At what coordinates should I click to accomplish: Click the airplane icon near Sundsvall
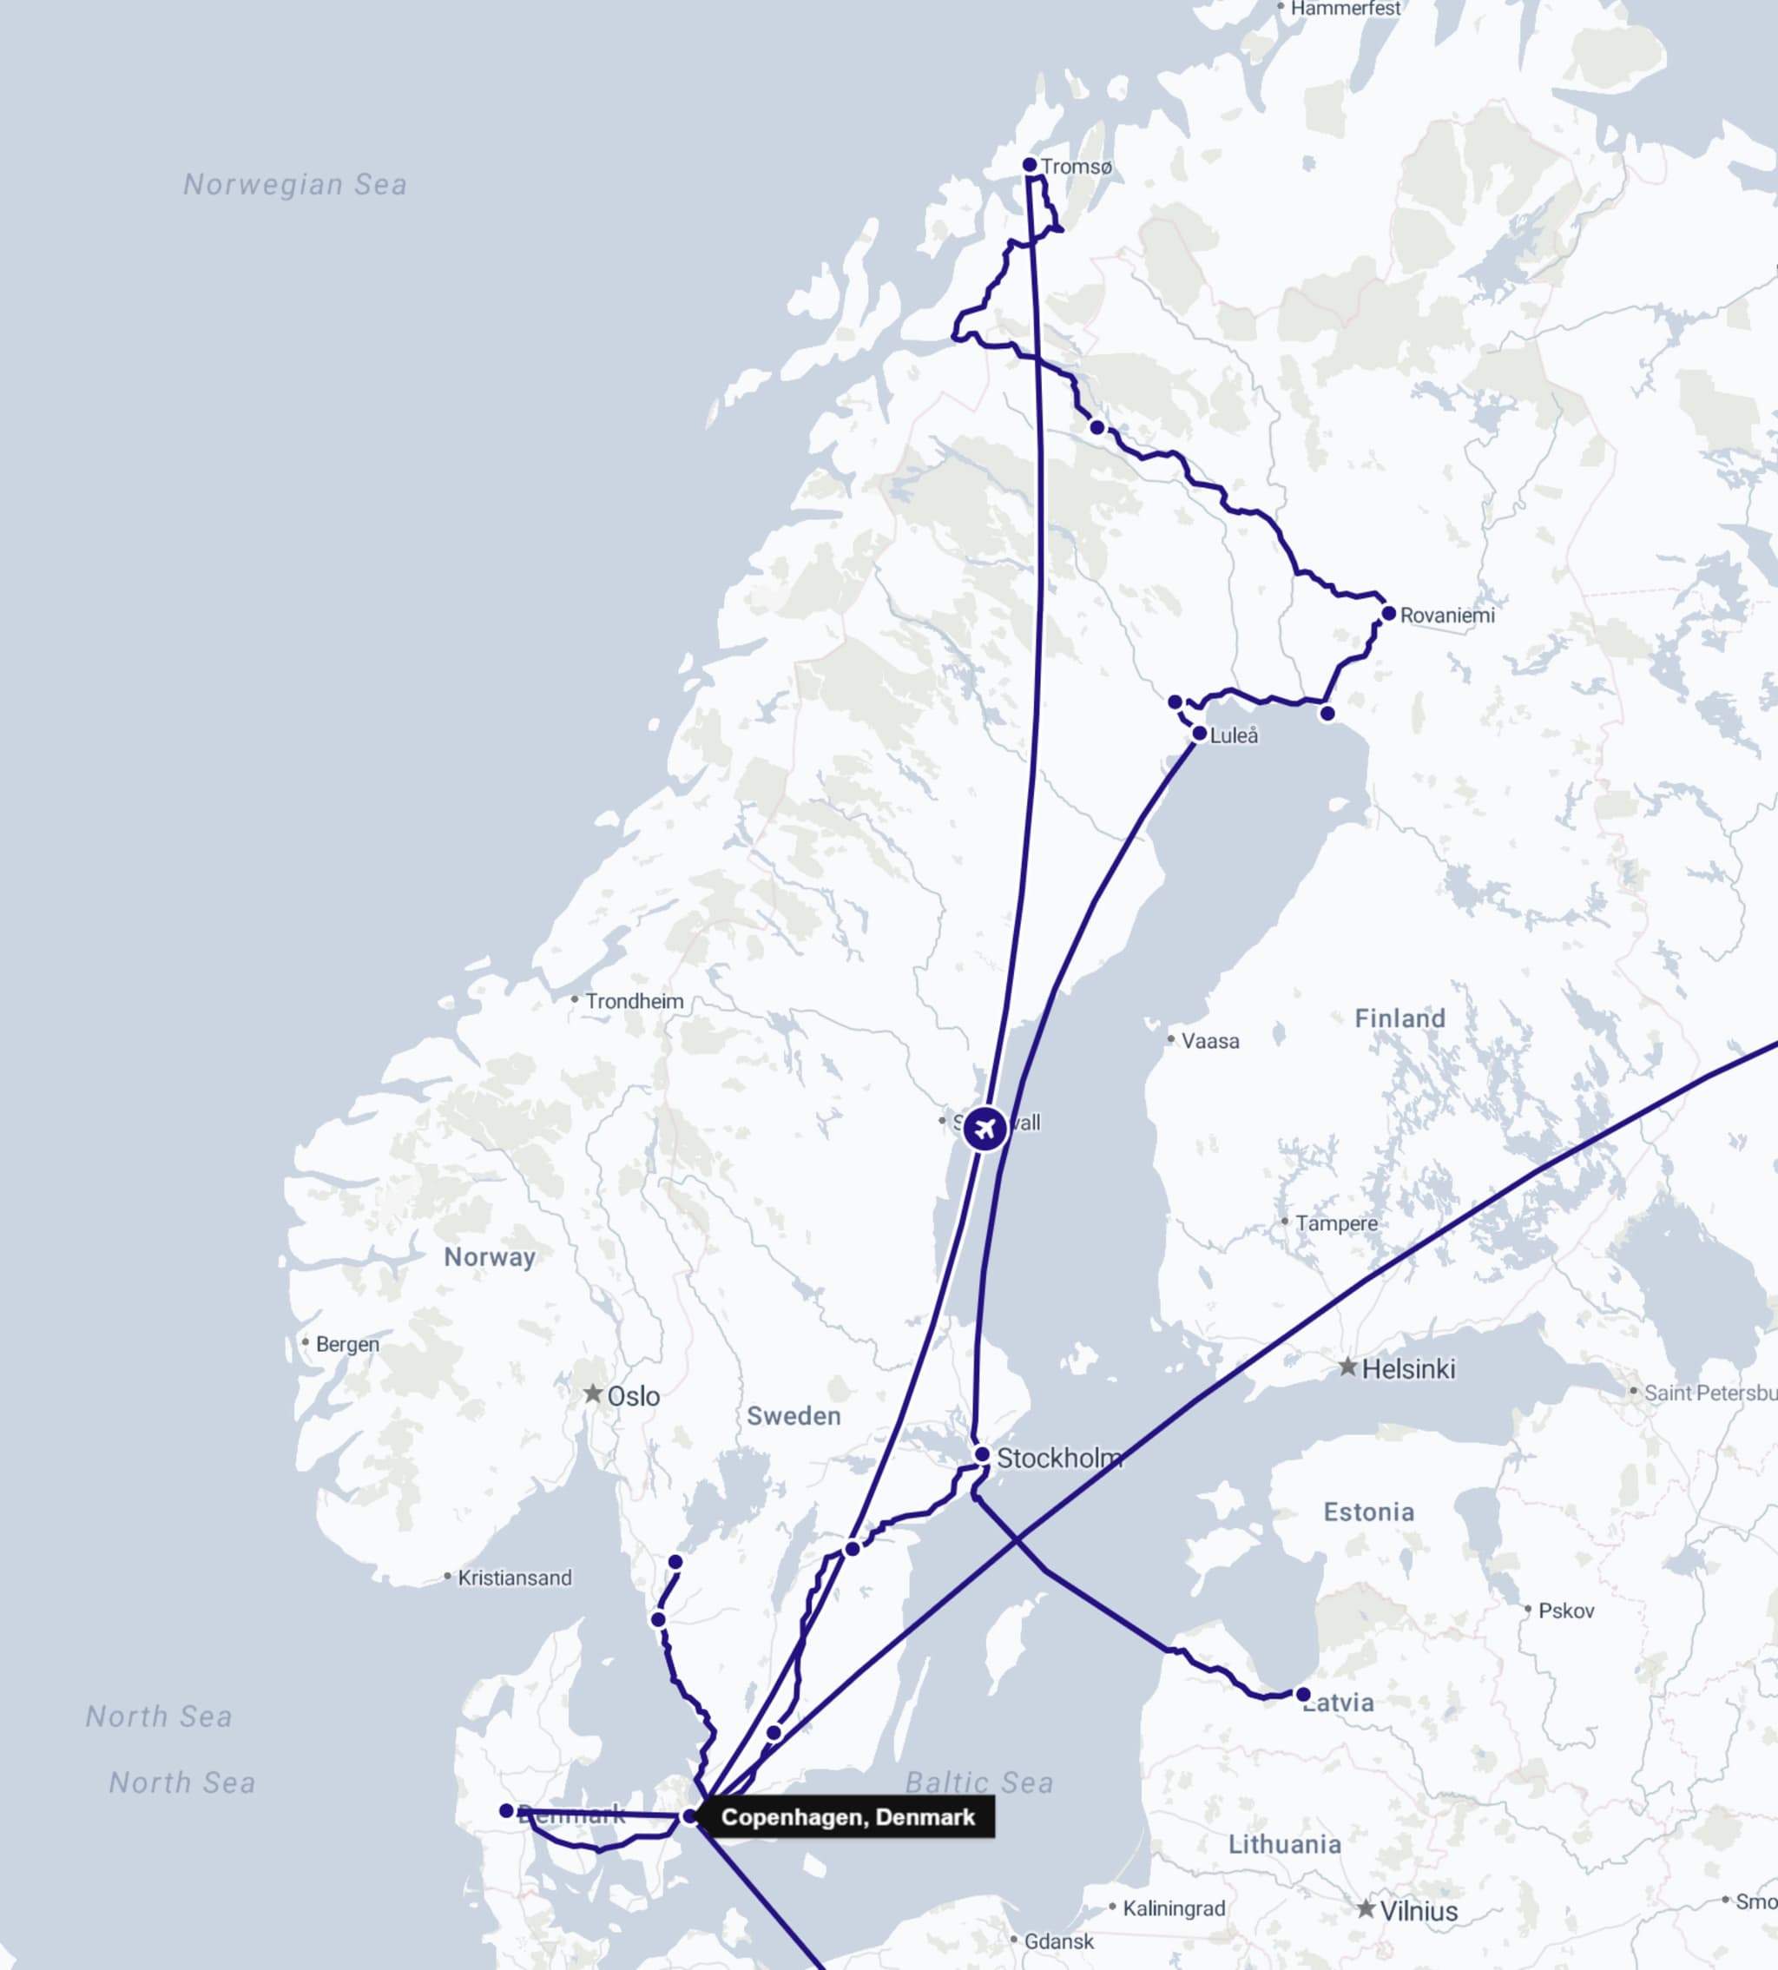pyautogui.click(x=984, y=1129)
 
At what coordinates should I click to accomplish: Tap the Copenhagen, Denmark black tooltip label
pyautogui.click(x=847, y=1817)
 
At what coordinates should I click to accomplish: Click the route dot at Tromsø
pyautogui.click(x=1029, y=165)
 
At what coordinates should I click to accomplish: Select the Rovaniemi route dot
pyautogui.click(x=1388, y=614)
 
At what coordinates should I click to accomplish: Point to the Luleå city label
pyautogui.click(x=1233, y=735)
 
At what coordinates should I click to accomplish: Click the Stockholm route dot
pyautogui.click(x=982, y=1455)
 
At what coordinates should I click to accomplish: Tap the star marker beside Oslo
pyautogui.click(x=593, y=1393)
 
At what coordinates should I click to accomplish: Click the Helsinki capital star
pyautogui.click(x=1347, y=1367)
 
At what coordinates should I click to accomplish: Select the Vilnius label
pyautogui.click(x=1418, y=1911)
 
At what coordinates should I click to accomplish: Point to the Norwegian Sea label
pyautogui.click(x=295, y=185)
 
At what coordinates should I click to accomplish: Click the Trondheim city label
pyautogui.click(x=634, y=1002)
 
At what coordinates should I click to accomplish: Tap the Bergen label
pyautogui.click(x=346, y=1345)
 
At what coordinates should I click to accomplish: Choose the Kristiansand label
pyautogui.click(x=514, y=1578)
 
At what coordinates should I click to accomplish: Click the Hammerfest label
pyautogui.click(x=1346, y=9)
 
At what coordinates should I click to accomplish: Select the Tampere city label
pyautogui.click(x=1335, y=1223)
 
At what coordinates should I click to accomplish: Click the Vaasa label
pyautogui.click(x=1209, y=1042)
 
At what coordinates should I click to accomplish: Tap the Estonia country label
pyautogui.click(x=1367, y=1512)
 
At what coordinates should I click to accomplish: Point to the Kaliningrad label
pyautogui.click(x=1173, y=1908)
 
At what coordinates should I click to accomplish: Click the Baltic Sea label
pyautogui.click(x=979, y=1783)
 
